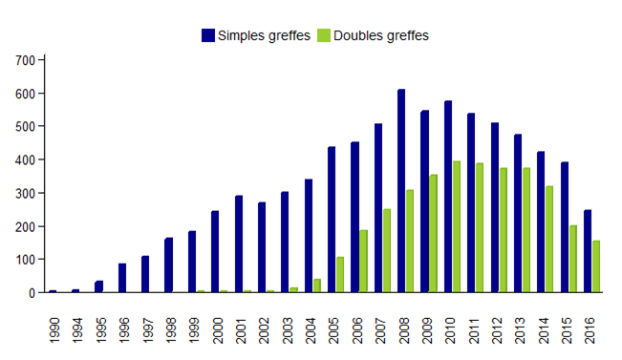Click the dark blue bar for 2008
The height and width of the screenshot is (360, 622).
[x=401, y=191]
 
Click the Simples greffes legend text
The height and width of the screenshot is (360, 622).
[x=265, y=35]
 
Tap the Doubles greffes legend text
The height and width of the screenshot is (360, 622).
[x=381, y=35]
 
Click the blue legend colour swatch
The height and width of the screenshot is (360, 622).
[x=208, y=35]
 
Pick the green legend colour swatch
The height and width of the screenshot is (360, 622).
[x=323, y=35]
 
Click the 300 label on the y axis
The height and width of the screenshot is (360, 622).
[x=26, y=193]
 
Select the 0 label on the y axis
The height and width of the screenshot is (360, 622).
[x=32, y=293]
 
